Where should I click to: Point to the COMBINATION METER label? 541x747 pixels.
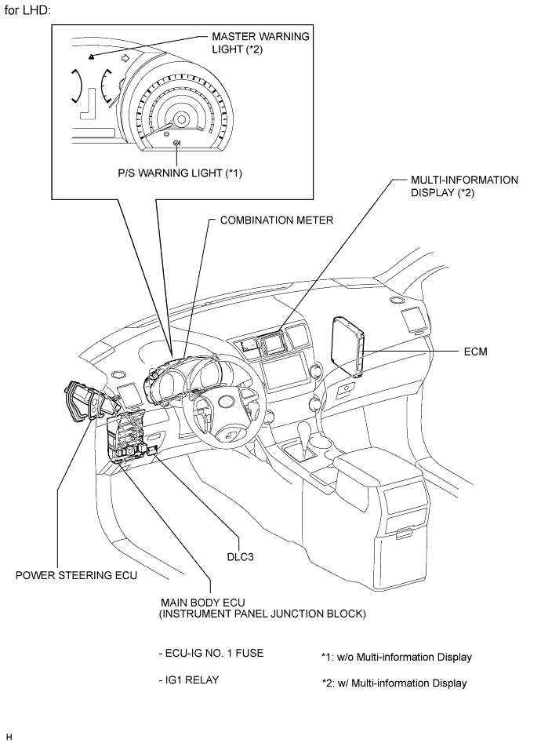point(277,220)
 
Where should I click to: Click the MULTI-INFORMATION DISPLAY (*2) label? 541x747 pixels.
point(464,186)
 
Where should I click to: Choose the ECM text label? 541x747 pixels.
point(476,352)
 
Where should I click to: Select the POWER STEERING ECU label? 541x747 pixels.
point(76,575)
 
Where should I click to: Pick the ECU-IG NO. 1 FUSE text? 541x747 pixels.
point(209,653)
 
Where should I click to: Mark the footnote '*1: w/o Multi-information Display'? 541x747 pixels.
point(396,657)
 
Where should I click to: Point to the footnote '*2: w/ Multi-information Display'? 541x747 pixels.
point(394,683)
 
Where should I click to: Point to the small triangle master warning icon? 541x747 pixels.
point(92,56)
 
